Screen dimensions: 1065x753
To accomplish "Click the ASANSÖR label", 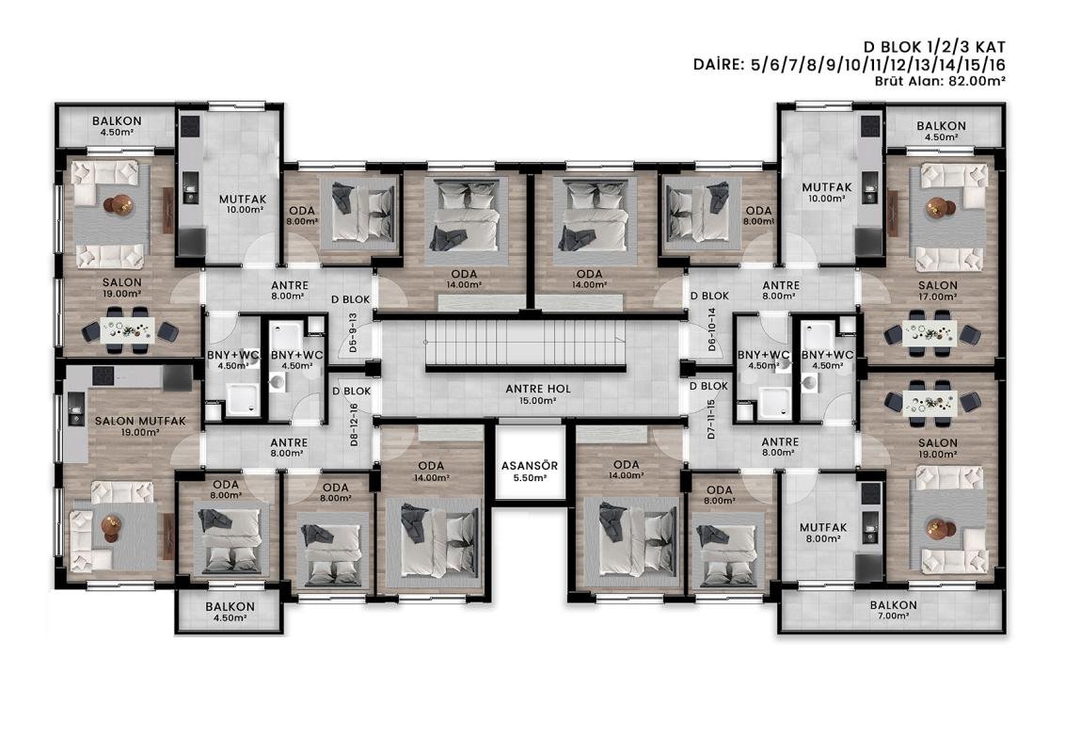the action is tap(530, 466).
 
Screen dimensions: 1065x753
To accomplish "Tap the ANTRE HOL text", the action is tap(538, 389).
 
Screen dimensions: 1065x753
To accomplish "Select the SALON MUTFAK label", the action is tap(140, 421).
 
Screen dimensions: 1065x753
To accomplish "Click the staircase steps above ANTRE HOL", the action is tap(526, 342).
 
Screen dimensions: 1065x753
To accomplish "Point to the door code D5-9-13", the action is tap(353, 332).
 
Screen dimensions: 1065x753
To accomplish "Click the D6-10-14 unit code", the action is tap(712, 329).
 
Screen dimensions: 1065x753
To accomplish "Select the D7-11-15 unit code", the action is tap(712, 419).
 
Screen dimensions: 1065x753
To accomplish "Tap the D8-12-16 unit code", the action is tap(354, 425).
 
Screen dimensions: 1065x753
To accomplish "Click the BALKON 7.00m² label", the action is tap(893, 610).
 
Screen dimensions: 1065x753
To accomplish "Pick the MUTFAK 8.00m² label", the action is tap(823, 532).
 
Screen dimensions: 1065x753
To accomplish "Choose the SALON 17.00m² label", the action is tap(938, 291).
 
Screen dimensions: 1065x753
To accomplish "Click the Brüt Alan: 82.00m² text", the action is tap(940, 80).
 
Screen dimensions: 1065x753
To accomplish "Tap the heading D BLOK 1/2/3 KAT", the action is tap(934, 47).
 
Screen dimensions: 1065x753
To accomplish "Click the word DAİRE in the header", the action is tap(719, 65).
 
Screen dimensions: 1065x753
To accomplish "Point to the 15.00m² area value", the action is tap(538, 401).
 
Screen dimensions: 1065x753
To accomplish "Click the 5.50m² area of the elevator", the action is tap(531, 478).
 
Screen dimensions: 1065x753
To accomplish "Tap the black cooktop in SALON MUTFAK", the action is tap(103, 376).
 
